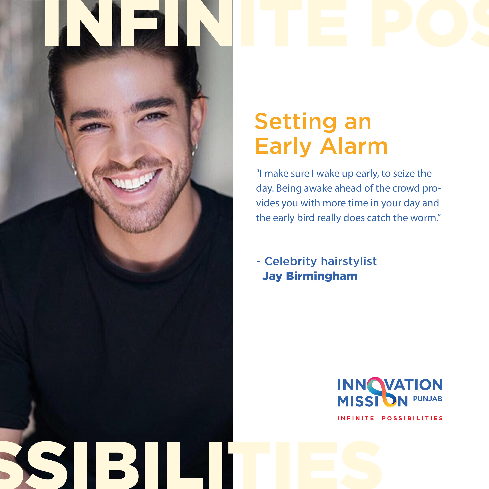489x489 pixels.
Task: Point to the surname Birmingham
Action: [322, 276]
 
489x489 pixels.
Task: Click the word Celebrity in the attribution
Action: [291, 262]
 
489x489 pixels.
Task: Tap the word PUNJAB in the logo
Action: [428, 399]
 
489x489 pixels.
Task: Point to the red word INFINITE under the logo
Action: [356, 418]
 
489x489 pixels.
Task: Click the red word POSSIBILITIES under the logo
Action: [412, 418]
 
